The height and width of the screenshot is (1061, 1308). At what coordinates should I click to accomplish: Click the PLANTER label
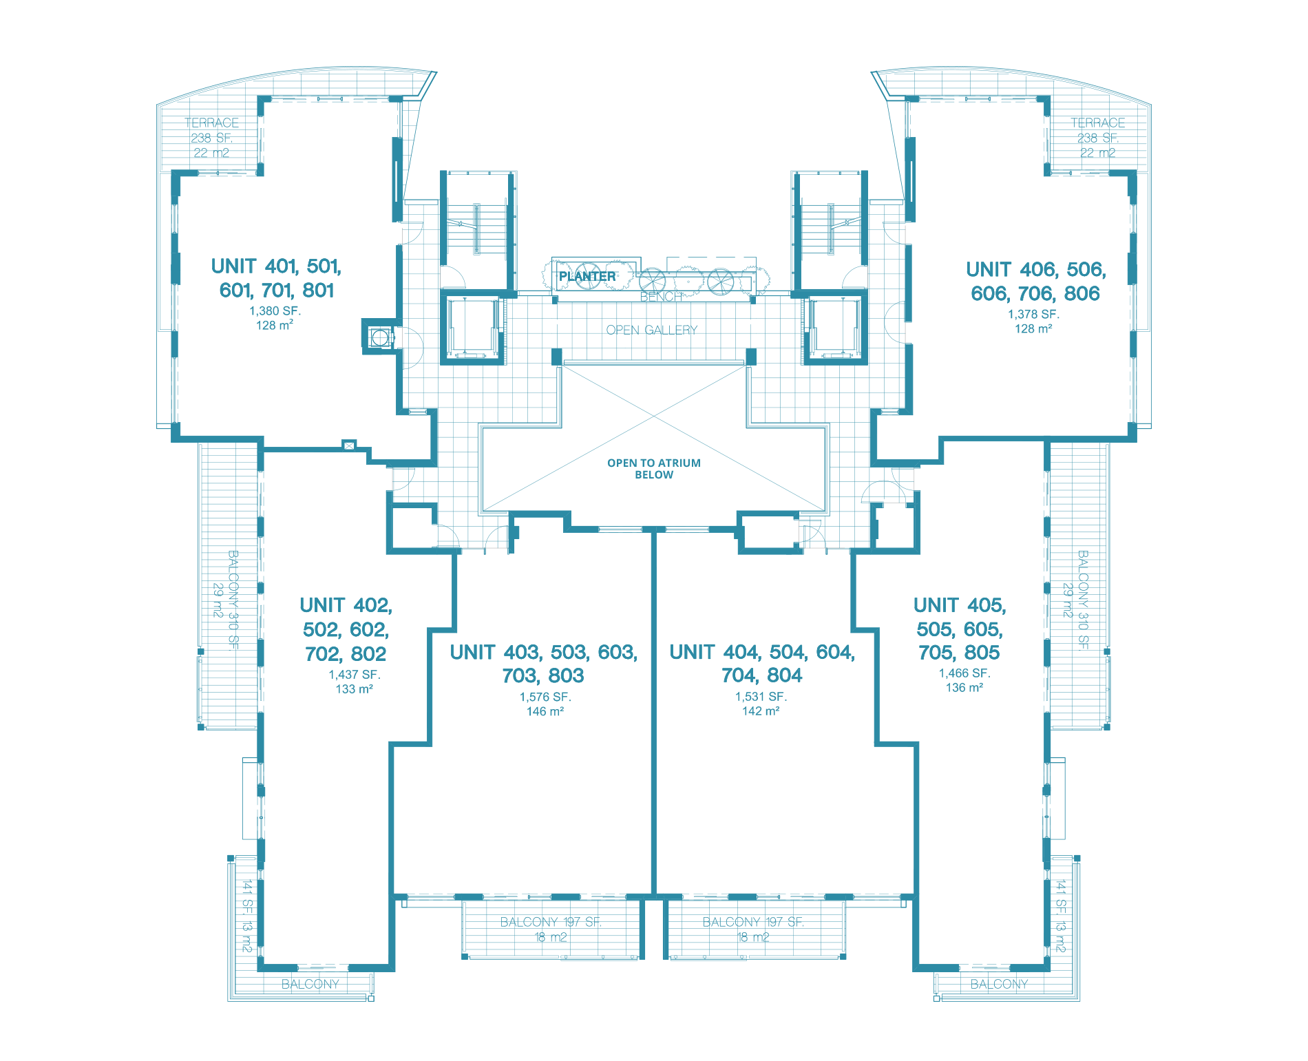[587, 276]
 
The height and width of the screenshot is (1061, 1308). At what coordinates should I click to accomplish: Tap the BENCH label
[660, 297]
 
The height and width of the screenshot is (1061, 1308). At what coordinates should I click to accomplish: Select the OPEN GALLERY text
[651, 330]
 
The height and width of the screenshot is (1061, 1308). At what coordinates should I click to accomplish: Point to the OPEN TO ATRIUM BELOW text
[654, 469]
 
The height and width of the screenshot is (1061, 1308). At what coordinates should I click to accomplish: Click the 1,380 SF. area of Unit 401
[275, 311]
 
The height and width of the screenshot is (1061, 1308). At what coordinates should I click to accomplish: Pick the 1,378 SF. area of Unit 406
[1033, 315]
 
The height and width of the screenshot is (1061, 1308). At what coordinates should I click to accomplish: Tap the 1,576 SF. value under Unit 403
[545, 697]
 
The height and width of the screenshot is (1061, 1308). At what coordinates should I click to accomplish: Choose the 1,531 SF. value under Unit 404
[761, 697]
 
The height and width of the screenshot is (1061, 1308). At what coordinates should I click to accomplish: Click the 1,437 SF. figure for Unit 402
[354, 675]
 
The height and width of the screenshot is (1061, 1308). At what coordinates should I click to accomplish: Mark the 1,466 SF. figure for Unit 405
[964, 673]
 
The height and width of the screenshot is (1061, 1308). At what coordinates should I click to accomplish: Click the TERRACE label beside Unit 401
[211, 123]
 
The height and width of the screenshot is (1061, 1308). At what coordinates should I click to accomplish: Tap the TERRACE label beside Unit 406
[1097, 123]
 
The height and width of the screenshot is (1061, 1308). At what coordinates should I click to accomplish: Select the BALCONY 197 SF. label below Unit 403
[551, 922]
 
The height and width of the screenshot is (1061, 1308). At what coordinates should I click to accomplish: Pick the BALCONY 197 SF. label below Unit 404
[753, 922]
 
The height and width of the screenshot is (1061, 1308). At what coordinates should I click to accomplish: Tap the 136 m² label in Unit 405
[964, 688]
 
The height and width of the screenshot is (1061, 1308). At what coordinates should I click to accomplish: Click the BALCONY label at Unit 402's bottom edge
[310, 984]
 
